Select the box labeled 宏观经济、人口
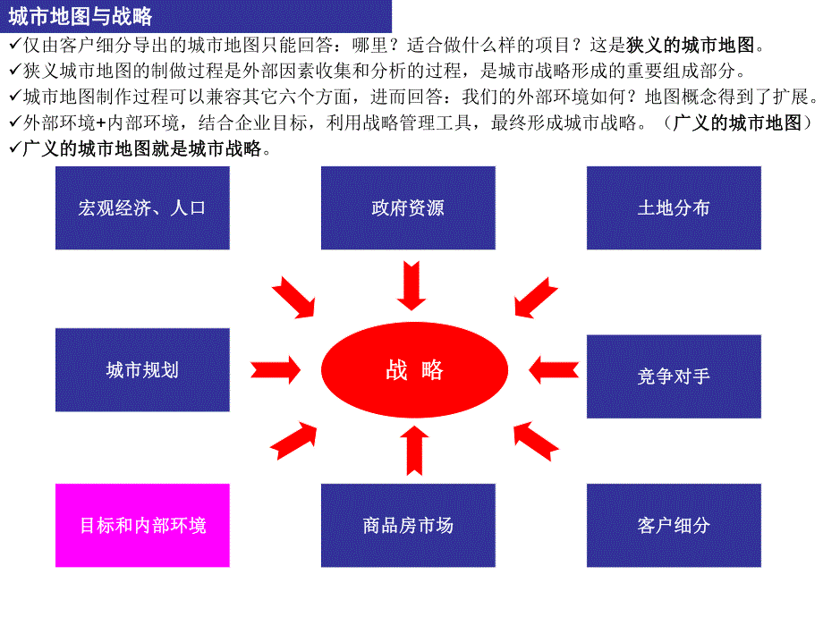click(142, 207)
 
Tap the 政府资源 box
click(408, 207)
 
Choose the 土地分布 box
click(674, 207)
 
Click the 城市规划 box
click(142, 369)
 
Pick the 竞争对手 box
click(674, 376)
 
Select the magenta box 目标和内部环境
click(142, 525)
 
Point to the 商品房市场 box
click(408, 525)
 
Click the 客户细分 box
click(674, 525)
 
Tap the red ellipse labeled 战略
click(414, 370)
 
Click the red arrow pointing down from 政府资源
click(411, 284)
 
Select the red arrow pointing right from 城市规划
click(276, 368)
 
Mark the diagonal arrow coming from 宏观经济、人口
click(294, 298)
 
